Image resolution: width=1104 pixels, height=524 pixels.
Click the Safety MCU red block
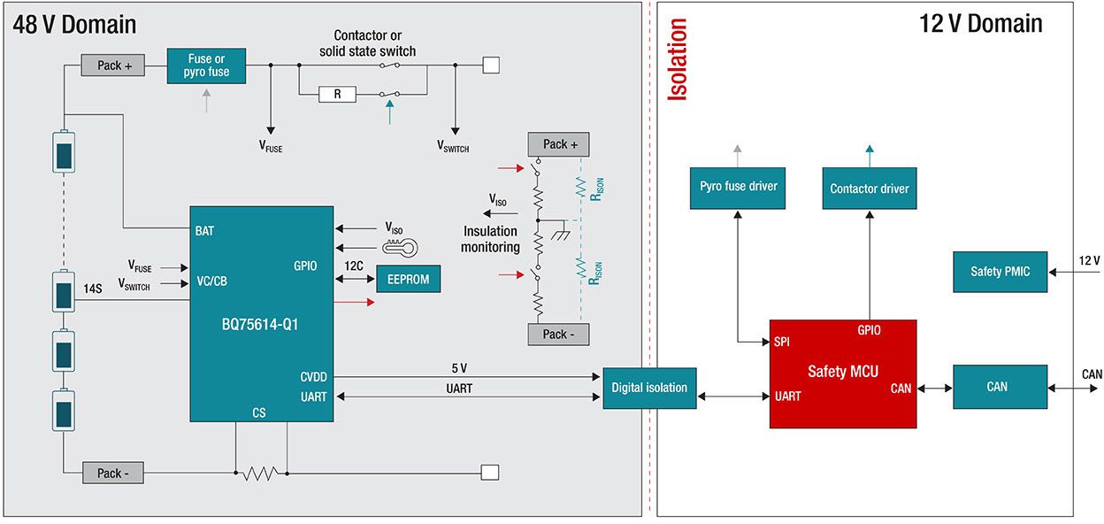pos(842,373)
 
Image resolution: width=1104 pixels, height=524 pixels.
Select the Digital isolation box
pos(649,388)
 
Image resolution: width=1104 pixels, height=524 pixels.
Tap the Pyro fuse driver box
pos(738,188)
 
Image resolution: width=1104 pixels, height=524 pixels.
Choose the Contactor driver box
pos(869,189)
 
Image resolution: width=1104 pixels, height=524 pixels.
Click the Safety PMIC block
pos(1000,271)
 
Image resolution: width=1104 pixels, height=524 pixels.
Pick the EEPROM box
pos(408,279)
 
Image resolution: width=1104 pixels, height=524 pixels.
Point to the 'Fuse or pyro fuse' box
pos(206,65)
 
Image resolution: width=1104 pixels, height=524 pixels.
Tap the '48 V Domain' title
pos(75,24)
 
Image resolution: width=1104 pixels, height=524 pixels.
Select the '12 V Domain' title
pos(980,24)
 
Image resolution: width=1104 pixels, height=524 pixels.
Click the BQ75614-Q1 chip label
pos(260,324)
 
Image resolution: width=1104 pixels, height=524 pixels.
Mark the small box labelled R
pos(336,94)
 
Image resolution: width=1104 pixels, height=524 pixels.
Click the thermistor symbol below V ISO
pos(400,248)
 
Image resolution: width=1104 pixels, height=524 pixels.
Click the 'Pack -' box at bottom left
pos(113,473)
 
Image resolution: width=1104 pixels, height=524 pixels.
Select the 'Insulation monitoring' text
pos(491,239)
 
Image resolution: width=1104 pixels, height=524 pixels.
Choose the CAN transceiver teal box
pos(1000,387)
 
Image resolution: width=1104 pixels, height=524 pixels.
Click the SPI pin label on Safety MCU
pos(781,342)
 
